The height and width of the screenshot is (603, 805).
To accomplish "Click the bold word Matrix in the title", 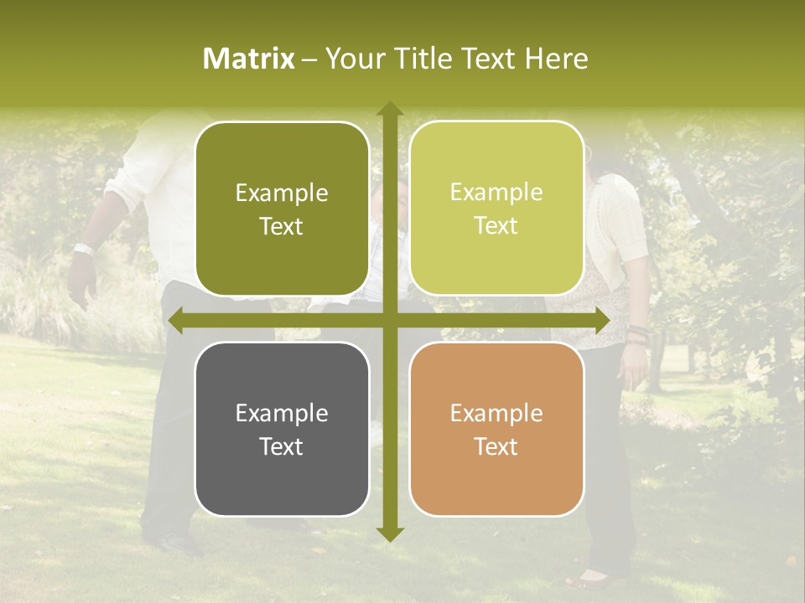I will point(249,59).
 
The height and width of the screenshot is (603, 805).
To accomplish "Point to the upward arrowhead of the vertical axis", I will point(389,109).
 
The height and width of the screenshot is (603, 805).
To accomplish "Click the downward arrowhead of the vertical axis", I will point(389,533).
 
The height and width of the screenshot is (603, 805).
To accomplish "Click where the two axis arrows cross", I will point(389,321).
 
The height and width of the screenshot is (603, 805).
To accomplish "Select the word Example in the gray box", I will point(282,413).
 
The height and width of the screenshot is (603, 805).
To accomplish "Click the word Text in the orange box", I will point(496,446).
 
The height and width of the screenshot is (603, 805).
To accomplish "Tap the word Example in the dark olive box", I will point(282,193).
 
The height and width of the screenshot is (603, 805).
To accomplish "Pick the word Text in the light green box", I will point(496,226).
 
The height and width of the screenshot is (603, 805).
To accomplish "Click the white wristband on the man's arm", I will point(83,248).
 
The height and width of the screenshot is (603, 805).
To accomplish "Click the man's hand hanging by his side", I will point(80,281).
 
